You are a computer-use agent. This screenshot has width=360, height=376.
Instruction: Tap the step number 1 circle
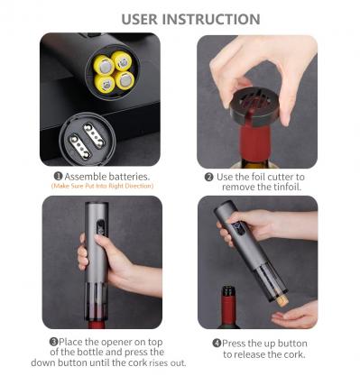tap(58, 176)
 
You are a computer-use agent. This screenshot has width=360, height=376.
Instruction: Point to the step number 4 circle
tap(217, 343)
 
